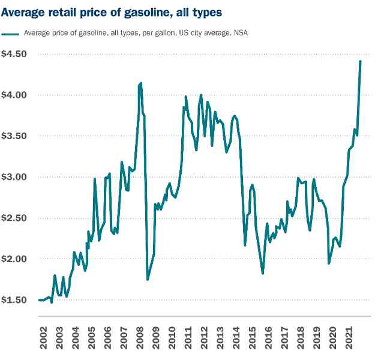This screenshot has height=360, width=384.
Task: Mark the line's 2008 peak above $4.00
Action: (141, 83)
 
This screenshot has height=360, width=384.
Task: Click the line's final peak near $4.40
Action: (360, 61)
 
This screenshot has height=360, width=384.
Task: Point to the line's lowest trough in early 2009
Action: (148, 279)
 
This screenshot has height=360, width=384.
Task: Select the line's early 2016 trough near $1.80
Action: (263, 274)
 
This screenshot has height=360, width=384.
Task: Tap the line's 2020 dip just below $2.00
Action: (329, 263)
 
